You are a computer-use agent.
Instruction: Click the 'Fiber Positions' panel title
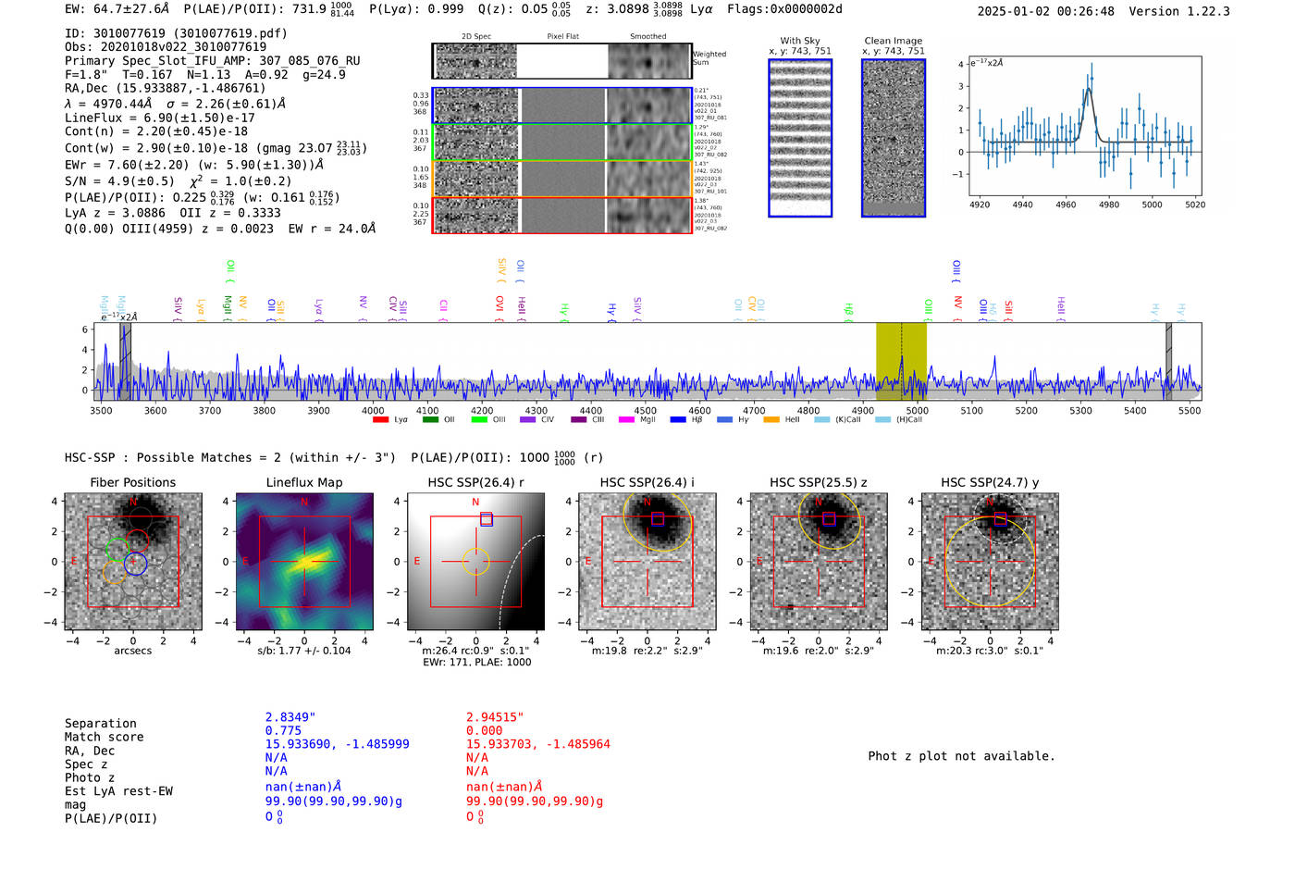coord(132,482)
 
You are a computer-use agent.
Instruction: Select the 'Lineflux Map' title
coord(303,482)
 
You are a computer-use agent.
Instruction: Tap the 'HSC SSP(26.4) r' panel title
coord(475,482)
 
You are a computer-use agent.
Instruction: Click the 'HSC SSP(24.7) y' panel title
coord(989,482)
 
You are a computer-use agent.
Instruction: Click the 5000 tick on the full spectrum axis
coord(917,411)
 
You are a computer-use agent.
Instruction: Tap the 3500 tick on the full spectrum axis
coord(101,411)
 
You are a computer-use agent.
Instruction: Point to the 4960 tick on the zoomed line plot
coord(1066,205)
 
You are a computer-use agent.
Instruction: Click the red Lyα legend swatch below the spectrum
coord(380,420)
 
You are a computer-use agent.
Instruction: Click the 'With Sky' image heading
coord(800,41)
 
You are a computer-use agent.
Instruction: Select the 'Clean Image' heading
coord(894,41)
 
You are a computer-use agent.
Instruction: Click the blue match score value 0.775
coord(283,731)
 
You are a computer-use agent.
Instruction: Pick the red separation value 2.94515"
coord(495,717)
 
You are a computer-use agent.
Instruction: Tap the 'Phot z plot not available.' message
coord(961,756)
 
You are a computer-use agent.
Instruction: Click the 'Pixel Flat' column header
coord(562,37)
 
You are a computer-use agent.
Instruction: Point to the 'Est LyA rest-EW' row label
coord(118,791)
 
